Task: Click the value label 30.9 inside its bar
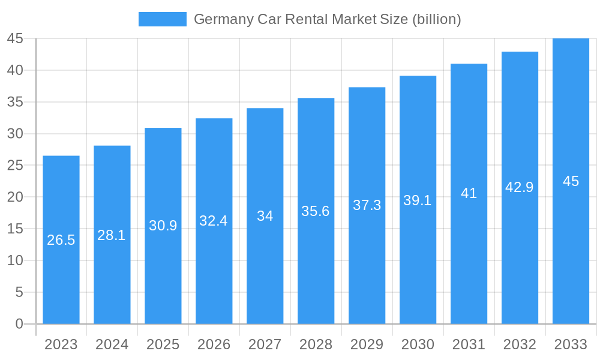pos(163,226)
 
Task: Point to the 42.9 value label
pos(520,187)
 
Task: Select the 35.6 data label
pos(316,211)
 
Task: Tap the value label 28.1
pos(112,235)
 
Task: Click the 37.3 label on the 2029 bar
pos(367,205)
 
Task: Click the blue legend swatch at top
pos(162,19)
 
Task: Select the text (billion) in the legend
pos(436,19)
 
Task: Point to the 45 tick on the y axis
pos(15,38)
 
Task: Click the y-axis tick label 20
pos(15,197)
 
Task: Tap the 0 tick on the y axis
pos(19,324)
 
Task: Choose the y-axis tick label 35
pos(15,102)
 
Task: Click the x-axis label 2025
pos(163,344)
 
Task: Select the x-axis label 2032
pos(520,344)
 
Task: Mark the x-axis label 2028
pos(316,344)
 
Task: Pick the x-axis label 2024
pos(112,344)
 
